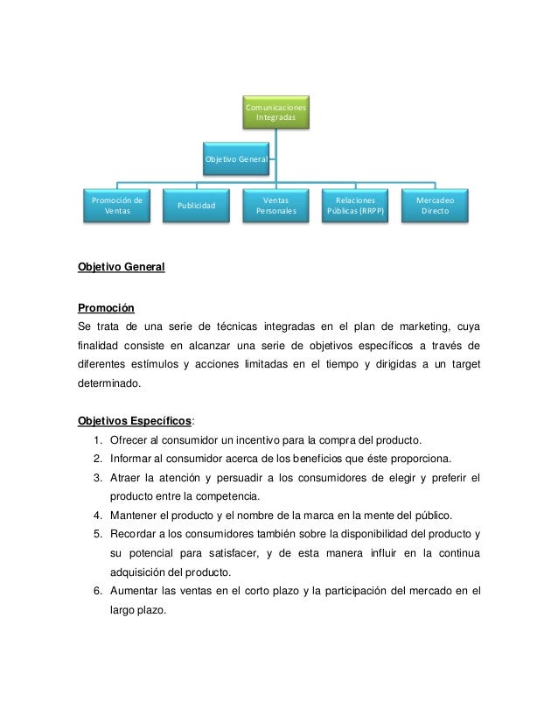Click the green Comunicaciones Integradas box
coord(276,111)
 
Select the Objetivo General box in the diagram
coord(236,160)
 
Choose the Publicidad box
coord(196,206)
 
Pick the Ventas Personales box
coord(276,206)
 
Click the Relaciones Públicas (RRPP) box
coord(355,206)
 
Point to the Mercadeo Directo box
coord(435,206)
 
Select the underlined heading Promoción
coord(106,308)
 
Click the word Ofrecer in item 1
coord(129,439)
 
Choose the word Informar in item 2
coord(130,458)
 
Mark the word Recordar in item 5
coord(132,534)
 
